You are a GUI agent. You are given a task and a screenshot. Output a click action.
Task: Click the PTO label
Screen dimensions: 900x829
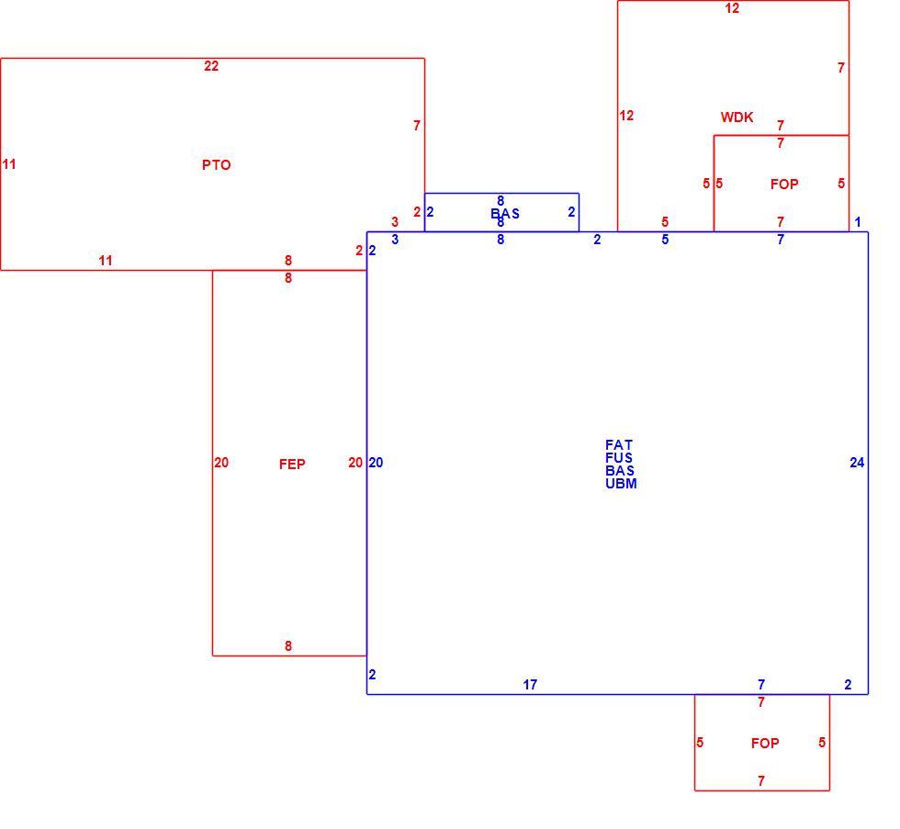[217, 165]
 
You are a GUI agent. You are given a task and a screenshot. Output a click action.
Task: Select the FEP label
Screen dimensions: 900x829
[292, 465]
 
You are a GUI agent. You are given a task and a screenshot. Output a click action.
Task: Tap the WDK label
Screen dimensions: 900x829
[737, 118]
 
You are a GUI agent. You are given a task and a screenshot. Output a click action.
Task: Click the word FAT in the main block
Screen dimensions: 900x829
[619, 445]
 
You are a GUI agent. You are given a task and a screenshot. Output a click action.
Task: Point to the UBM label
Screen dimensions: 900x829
[621, 484]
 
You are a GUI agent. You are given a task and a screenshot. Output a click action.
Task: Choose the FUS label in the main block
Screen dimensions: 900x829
[619, 458]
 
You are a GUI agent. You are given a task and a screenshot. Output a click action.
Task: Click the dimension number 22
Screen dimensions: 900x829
[211, 66]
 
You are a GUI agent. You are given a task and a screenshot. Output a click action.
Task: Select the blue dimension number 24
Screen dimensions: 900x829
[857, 463]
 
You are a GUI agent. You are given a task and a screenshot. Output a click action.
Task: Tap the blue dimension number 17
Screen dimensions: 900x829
[530, 685]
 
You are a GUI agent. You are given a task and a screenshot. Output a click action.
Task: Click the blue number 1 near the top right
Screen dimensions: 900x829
[858, 222]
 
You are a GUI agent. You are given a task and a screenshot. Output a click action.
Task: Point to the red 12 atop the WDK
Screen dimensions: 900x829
[732, 8]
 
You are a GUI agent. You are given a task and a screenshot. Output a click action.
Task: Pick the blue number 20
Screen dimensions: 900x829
[376, 463]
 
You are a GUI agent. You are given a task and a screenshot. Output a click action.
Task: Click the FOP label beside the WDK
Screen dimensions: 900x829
[784, 185]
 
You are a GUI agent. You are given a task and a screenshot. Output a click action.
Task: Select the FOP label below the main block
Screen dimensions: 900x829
[765, 744]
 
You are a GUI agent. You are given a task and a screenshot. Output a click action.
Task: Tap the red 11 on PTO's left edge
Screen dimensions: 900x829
[8, 164]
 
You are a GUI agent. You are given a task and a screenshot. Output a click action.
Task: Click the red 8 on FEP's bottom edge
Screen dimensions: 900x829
[288, 646]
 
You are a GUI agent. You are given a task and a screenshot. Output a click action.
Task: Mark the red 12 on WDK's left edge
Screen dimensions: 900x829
[626, 116]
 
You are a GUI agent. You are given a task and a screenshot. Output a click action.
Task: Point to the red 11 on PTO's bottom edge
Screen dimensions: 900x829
[105, 261]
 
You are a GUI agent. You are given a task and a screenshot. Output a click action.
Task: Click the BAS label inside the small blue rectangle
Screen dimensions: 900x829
[505, 214]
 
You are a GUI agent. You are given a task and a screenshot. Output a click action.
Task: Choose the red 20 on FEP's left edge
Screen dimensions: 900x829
[221, 463]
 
